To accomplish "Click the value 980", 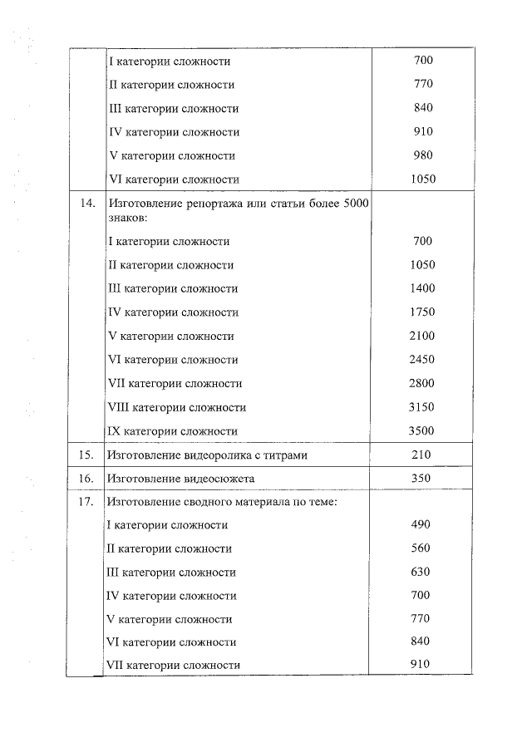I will tap(423, 155).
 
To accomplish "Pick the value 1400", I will tap(423, 288).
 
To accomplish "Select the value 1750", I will tap(423, 312).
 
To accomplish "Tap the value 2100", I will tap(423, 336).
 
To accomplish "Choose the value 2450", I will tap(423, 360).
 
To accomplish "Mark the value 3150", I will tap(423, 407).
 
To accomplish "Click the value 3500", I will tap(423, 430).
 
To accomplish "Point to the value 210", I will tap(423, 455).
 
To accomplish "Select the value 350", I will tap(423, 479).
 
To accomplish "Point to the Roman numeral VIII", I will tap(119, 407).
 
